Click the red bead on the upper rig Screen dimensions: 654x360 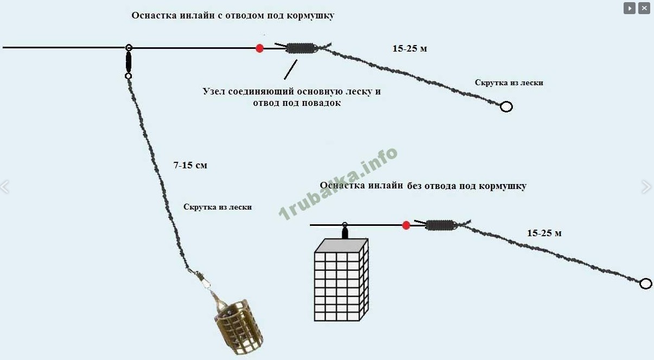click(x=259, y=48)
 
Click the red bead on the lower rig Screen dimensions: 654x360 click(x=406, y=225)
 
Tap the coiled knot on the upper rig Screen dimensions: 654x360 click(x=301, y=48)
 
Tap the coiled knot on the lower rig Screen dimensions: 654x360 click(x=441, y=225)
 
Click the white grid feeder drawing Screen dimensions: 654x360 click(x=341, y=280)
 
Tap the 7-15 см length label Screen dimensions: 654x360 click(x=190, y=165)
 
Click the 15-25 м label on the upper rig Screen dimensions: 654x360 click(x=410, y=48)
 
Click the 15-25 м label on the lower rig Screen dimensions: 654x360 click(x=544, y=233)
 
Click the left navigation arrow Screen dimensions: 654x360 click(x=5, y=187)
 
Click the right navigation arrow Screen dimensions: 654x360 click(x=646, y=187)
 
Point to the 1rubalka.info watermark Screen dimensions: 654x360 click(x=338, y=184)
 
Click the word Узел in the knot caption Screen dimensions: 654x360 click(x=214, y=91)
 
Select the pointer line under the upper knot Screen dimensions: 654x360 click(x=290, y=70)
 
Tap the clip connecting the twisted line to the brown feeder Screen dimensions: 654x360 click(x=201, y=279)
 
